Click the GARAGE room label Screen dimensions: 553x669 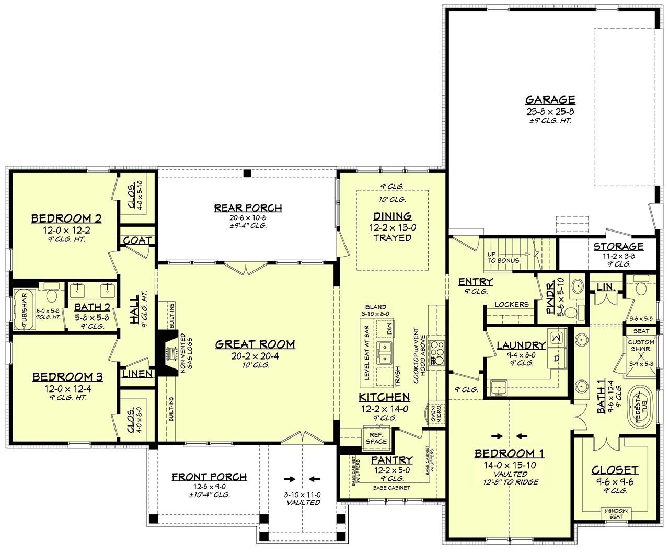550,99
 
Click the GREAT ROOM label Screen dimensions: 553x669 255,344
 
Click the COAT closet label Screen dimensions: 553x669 137,240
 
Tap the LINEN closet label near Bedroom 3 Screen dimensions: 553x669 137,374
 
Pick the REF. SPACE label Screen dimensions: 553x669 376,438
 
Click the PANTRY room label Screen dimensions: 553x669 391,460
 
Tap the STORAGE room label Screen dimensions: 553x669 618,247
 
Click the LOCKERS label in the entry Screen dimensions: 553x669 511,304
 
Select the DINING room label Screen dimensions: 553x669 392,216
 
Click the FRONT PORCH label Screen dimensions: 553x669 209,477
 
